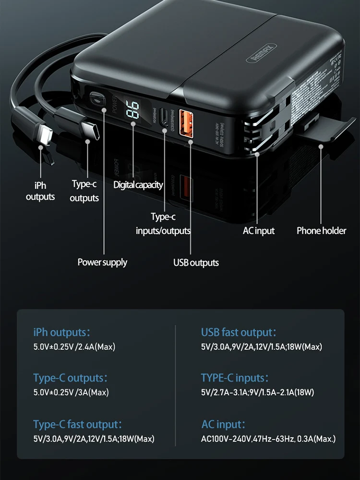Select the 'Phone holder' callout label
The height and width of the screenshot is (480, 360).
pos(321,231)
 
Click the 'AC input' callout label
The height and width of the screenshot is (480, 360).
pos(258,231)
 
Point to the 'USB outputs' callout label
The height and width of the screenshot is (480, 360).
pos(196,263)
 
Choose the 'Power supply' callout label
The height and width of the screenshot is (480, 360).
pos(102,262)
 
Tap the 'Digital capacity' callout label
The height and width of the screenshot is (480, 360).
pos(138,185)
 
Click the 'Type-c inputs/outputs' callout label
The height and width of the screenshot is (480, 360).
pos(163,224)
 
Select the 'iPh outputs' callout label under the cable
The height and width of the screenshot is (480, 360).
pos(40,191)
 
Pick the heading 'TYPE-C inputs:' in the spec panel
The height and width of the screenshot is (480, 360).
pos(235,378)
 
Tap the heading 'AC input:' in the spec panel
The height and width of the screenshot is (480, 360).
pos(223,424)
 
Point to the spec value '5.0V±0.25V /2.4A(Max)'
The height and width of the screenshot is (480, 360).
pos(74,347)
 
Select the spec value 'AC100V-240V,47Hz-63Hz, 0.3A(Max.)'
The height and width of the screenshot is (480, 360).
pos(268,439)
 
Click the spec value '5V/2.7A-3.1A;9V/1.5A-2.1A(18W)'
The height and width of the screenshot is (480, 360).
pos(257,393)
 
